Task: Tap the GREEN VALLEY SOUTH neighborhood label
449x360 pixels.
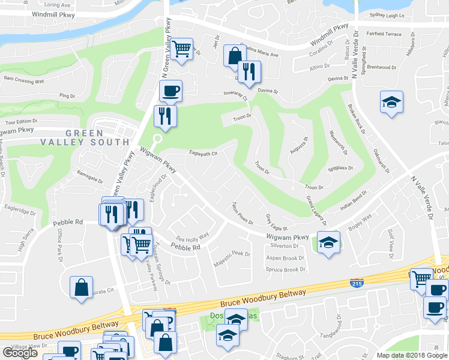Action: pyautogui.click(x=85, y=137)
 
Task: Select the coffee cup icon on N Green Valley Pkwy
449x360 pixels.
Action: pyautogui.click(x=170, y=91)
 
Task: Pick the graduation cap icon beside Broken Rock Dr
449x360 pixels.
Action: pyautogui.click(x=391, y=101)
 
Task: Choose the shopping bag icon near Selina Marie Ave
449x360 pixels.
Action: pyautogui.click(x=234, y=56)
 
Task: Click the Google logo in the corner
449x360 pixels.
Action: pyautogui.click(x=20, y=352)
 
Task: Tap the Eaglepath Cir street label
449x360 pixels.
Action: pyautogui.click(x=203, y=153)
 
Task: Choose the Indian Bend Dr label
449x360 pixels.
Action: pyautogui.click(x=353, y=200)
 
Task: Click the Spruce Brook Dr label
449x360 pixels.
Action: pyautogui.click(x=286, y=269)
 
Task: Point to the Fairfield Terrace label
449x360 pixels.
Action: pyautogui.click(x=385, y=34)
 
